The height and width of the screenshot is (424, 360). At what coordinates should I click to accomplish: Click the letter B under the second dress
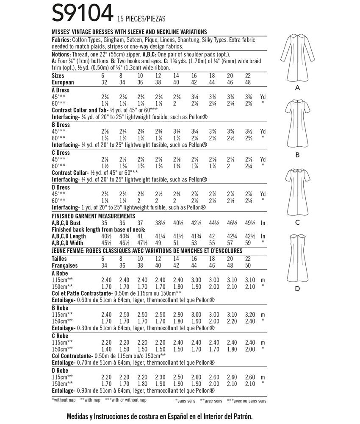pyautogui.click(x=297, y=155)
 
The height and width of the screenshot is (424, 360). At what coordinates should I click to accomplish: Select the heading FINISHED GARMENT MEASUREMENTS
pyautogui.click(x=93, y=215)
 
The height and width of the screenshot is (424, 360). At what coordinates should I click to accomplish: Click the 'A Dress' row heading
pyautogui.click(x=60, y=90)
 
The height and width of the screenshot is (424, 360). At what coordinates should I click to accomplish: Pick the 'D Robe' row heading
pyautogui.click(x=60, y=370)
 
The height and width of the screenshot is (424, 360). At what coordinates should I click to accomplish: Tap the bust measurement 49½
pyautogui.click(x=246, y=223)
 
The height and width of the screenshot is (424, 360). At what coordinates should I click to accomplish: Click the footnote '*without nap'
pyautogui.click(x=64, y=400)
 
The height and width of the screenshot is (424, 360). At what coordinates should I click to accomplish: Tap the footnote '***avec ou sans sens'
pyautogui.click(x=246, y=400)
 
